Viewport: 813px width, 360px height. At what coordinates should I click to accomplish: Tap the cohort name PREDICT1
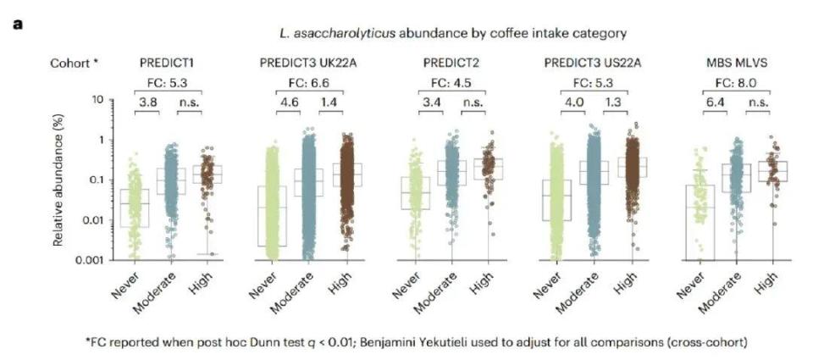(165, 63)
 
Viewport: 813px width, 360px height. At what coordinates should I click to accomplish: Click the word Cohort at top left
(71, 63)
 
